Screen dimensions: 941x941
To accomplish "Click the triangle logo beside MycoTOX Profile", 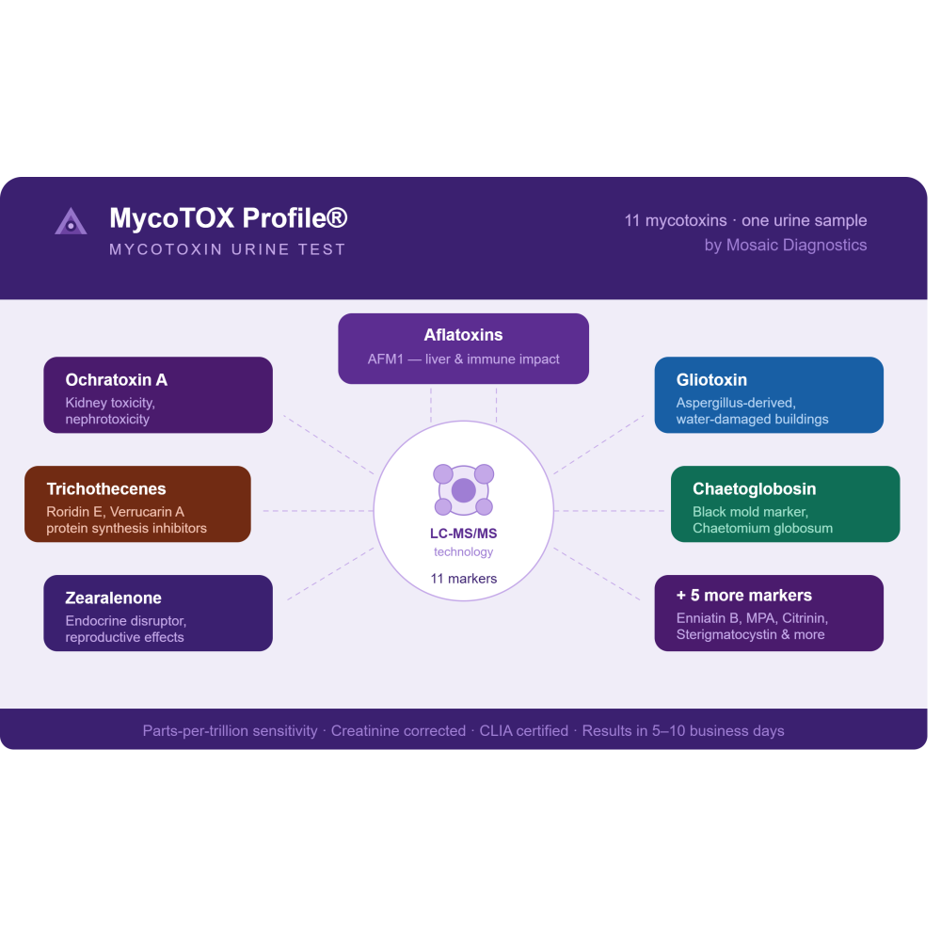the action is point(71,221).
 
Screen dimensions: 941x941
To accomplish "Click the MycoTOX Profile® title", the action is point(228,218).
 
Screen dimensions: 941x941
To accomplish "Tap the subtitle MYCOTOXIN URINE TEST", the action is point(228,249).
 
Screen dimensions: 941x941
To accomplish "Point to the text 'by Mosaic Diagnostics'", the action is point(786,245).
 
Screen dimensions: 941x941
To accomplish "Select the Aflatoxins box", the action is point(463,349).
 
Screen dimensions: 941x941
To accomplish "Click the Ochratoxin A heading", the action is point(117,380).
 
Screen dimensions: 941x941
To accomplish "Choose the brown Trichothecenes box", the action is point(138,504).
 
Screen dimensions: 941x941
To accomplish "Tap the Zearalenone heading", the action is point(114,598).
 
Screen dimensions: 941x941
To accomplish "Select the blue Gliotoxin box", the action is point(769,395).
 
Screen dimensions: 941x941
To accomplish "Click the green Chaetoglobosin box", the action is point(785,504).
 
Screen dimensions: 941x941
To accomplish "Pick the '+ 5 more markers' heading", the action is point(744,596).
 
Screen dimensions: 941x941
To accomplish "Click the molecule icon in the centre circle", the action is point(463,489).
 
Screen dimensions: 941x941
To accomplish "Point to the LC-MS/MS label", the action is point(463,534).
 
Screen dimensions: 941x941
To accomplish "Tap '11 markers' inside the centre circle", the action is point(463,579).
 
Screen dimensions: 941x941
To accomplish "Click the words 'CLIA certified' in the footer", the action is point(523,731).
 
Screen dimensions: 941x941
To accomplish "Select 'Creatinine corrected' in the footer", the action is point(398,731).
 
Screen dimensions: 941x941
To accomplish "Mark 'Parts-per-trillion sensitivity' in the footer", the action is point(230,731).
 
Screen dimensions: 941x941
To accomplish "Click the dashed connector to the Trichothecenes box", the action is point(318,511).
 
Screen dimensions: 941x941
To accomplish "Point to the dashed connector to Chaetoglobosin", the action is point(609,511).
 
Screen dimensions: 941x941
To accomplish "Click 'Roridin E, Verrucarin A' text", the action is point(115,512).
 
